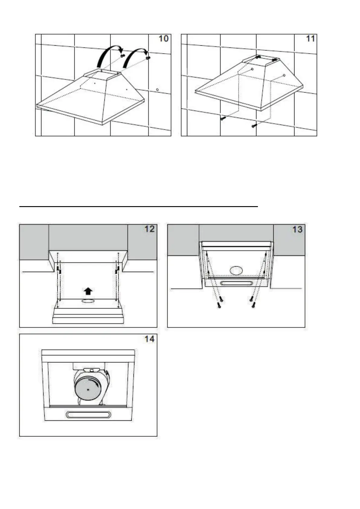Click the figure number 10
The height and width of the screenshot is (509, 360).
coord(163,39)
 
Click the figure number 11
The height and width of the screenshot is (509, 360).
coord(310,39)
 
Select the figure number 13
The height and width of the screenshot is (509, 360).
coord(297,229)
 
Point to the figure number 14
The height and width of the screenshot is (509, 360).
coord(149,339)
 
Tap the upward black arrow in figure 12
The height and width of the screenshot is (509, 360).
coord(88,291)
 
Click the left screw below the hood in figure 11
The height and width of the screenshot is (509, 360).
coord(223,118)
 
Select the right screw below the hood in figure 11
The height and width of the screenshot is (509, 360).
coord(254,125)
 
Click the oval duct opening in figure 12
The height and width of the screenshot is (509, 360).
coord(88,301)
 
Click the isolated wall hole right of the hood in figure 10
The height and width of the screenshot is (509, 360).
coord(158,90)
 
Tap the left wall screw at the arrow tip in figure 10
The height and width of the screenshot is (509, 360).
coord(122,56)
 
